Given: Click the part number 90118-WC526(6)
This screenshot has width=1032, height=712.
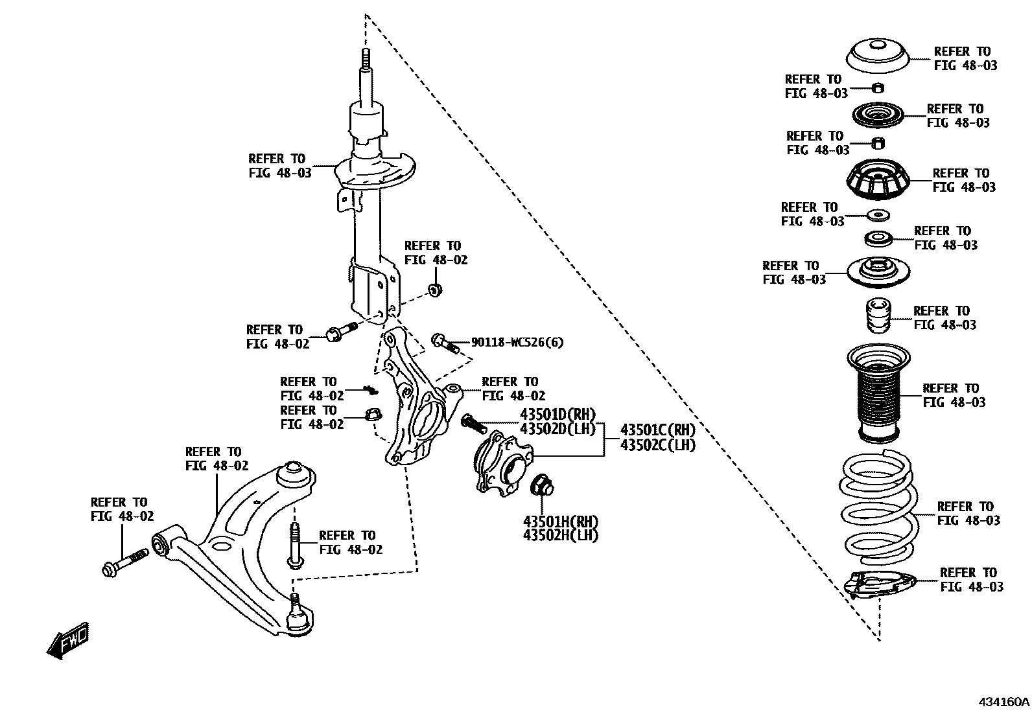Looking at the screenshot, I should click(x=517, y=343).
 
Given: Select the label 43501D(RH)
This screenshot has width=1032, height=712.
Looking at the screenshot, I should click(x=557, y=415).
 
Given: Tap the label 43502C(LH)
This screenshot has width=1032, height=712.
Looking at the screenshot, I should click(x=657, y=445).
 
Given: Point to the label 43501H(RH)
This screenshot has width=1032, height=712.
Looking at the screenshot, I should click(x=560, y=522).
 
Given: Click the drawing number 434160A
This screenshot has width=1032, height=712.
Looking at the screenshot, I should click(x=1003, y=702).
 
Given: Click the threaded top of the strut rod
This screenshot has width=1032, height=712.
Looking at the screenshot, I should click(x=365, y=60).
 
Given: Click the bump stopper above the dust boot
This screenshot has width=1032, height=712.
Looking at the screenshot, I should click(x=877, y=316).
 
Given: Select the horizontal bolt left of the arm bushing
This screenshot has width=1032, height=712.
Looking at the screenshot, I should click(x=126, y=563).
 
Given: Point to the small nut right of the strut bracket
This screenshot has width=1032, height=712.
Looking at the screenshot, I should click(x=435, y=289).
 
